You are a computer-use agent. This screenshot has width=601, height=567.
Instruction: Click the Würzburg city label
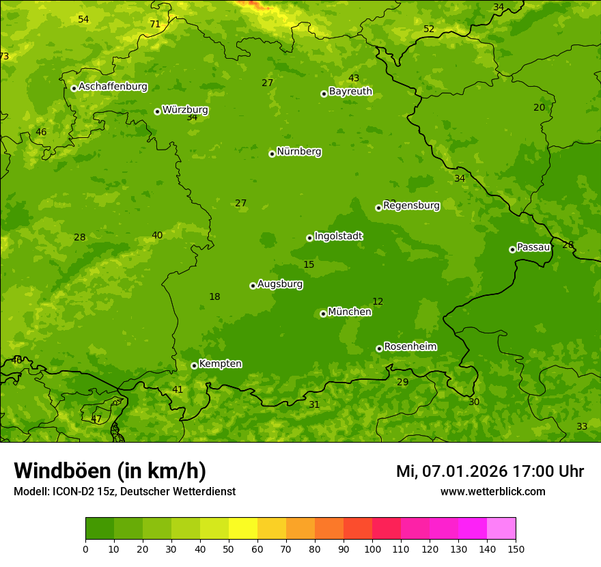(x=185, y=110)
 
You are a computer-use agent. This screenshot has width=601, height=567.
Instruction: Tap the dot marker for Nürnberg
(x=272, y=154)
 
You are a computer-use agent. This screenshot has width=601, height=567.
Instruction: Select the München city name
(x=350, y=312)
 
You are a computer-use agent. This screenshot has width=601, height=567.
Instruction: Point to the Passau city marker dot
(x=512, y=249)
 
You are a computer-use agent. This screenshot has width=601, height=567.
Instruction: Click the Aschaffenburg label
(x=113, y=87)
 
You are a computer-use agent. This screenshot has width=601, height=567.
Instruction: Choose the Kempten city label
(x=220, y=364)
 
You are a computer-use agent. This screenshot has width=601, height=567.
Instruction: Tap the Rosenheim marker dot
(x=379, y=348)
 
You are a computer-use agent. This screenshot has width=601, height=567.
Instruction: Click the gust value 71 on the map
(x=155, y=24)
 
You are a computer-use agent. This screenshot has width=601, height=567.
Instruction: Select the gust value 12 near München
(x=378, y=301)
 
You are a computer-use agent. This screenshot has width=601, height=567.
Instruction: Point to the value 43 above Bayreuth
(x=354, y=79)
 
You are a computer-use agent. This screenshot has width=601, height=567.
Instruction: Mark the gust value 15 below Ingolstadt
(x=309, y=264)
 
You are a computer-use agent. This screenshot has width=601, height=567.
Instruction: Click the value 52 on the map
(x=429, y=29)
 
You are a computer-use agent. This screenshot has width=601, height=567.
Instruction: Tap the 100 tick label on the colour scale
(x=372, y=549)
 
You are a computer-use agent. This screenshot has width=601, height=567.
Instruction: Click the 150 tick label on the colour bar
(x=516, y=549)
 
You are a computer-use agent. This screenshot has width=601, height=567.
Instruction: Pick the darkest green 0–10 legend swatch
(x=100, y=528)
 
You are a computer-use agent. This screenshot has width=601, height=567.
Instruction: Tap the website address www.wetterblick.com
(x=492, y=491)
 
